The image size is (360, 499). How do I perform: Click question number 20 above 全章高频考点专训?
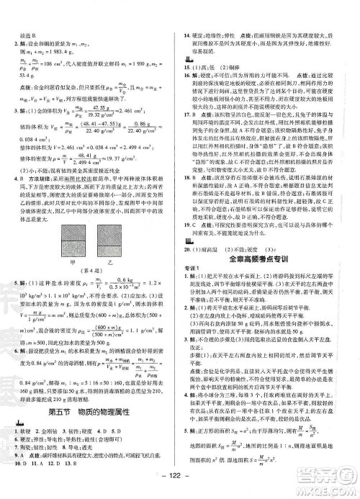188,248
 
